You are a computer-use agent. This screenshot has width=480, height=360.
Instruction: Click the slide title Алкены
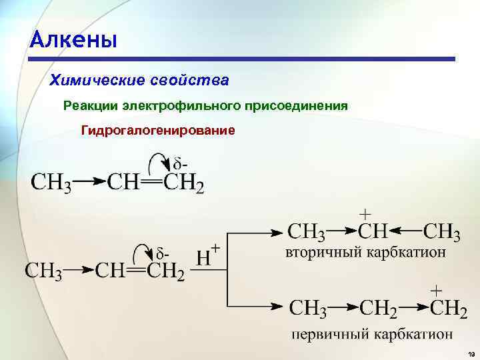[73, 39]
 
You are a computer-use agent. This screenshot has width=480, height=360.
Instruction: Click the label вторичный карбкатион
[366, 253]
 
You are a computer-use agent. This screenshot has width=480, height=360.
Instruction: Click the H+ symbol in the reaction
[209, 257]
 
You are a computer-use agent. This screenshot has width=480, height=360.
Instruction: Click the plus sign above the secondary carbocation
[366, 215]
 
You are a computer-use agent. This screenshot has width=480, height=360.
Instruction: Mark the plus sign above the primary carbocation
[437, 291]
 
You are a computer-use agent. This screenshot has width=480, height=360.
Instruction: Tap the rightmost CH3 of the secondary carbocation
[442, 233]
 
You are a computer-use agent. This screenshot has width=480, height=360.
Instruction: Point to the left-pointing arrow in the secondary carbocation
[404, 232]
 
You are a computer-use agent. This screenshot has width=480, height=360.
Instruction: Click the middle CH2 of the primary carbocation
[379, 309]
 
